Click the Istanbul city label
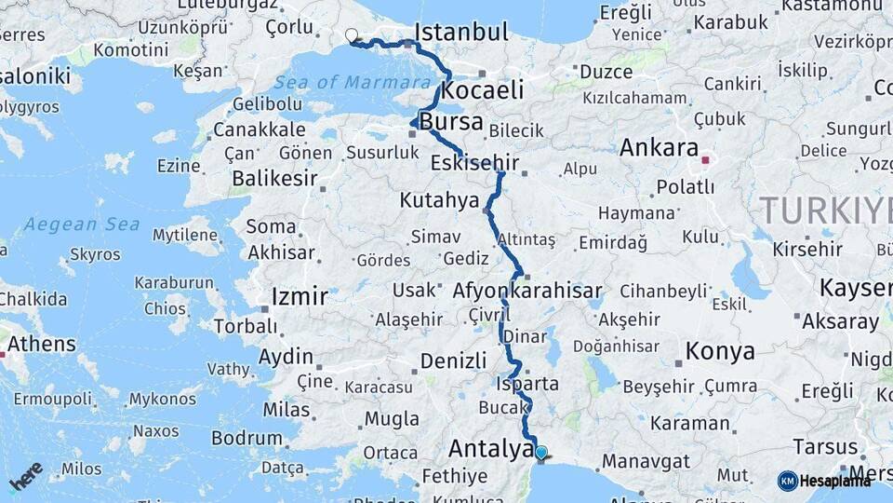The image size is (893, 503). [461, 33]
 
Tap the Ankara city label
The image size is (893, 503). [659, 147]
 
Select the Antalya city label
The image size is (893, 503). [490, 448]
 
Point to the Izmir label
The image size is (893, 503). [299, 297]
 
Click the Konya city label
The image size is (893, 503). [719, 351]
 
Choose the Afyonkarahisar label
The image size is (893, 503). [527, 291]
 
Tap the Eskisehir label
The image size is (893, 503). [474, 164]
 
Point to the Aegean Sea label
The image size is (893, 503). [82, 224]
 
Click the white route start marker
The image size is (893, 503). [352, 36]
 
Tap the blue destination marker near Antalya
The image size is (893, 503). [541, 453]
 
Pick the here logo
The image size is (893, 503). [26, 476]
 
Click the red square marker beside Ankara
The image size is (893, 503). [705, 159]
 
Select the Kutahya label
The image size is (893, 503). [439, 200]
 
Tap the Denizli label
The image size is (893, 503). [453, 360]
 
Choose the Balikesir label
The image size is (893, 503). [269, 177]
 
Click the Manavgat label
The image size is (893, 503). [646, 461]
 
